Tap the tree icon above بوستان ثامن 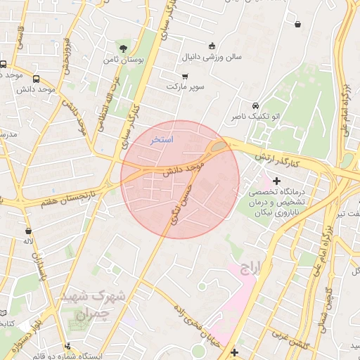(124, 49)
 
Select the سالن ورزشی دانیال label (212, 56)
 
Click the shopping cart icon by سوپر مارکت (185, 76)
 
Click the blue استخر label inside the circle (162, 140)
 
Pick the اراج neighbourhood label (250, 268)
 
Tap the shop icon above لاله (28, 230)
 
